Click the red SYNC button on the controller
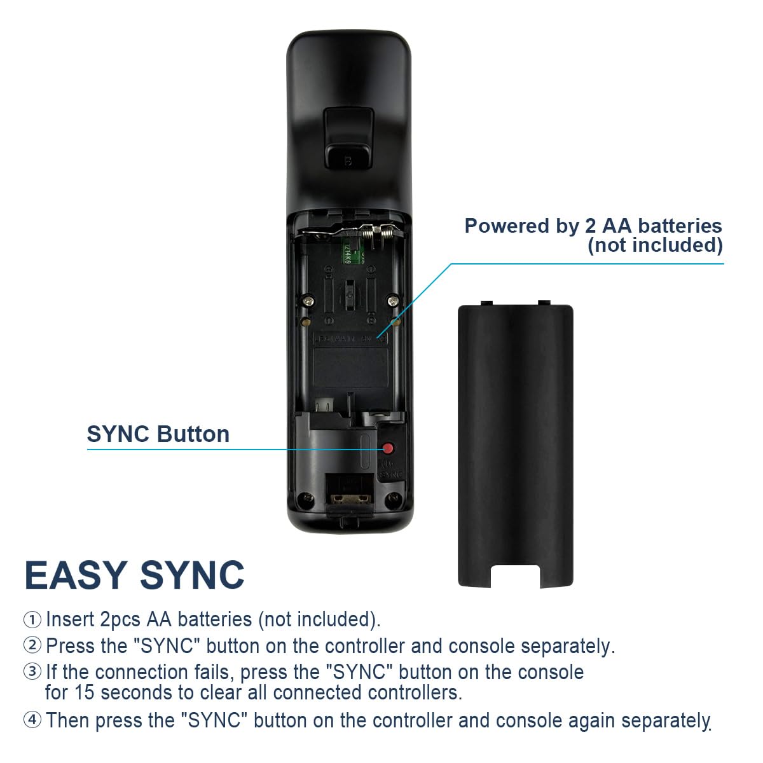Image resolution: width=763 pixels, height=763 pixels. tap(388, 448)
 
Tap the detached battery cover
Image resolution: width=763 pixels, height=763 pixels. tap(515, 439)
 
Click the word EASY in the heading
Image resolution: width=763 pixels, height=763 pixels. tap(76, 575)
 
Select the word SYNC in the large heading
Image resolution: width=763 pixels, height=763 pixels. tap(192, 575)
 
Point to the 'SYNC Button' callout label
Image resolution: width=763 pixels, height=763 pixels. tap(158, 434)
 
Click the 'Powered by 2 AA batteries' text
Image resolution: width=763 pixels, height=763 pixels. tap(593, 226)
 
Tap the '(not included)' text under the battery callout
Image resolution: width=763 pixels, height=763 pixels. tap(655, 245)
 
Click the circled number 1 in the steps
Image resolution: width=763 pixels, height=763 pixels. tap(32, 619)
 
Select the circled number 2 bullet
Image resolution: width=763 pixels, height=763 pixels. tap(32, 645)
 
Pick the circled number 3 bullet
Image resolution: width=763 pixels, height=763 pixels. tap(32, 671)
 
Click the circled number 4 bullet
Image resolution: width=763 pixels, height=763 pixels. tap(32, 720)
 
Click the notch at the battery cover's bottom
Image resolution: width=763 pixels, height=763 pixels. tap(515, 575)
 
